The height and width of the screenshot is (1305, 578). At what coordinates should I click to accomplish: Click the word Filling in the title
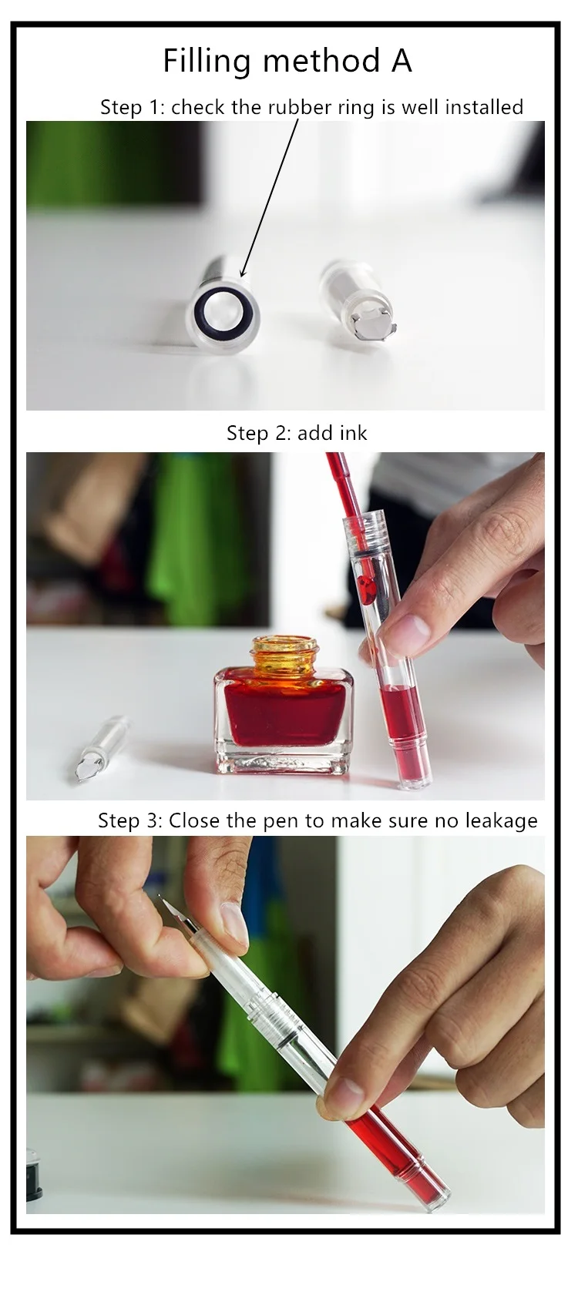207,61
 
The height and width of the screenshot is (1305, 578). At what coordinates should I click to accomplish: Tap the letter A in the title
402,61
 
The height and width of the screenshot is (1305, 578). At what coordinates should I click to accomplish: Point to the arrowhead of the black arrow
244,269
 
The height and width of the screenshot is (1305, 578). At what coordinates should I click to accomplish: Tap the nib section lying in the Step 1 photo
358,299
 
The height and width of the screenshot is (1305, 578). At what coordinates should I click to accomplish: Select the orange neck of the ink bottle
284,653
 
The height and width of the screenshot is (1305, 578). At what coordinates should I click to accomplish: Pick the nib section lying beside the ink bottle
99,748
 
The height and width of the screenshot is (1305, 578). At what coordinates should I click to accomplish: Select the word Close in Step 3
195,820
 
